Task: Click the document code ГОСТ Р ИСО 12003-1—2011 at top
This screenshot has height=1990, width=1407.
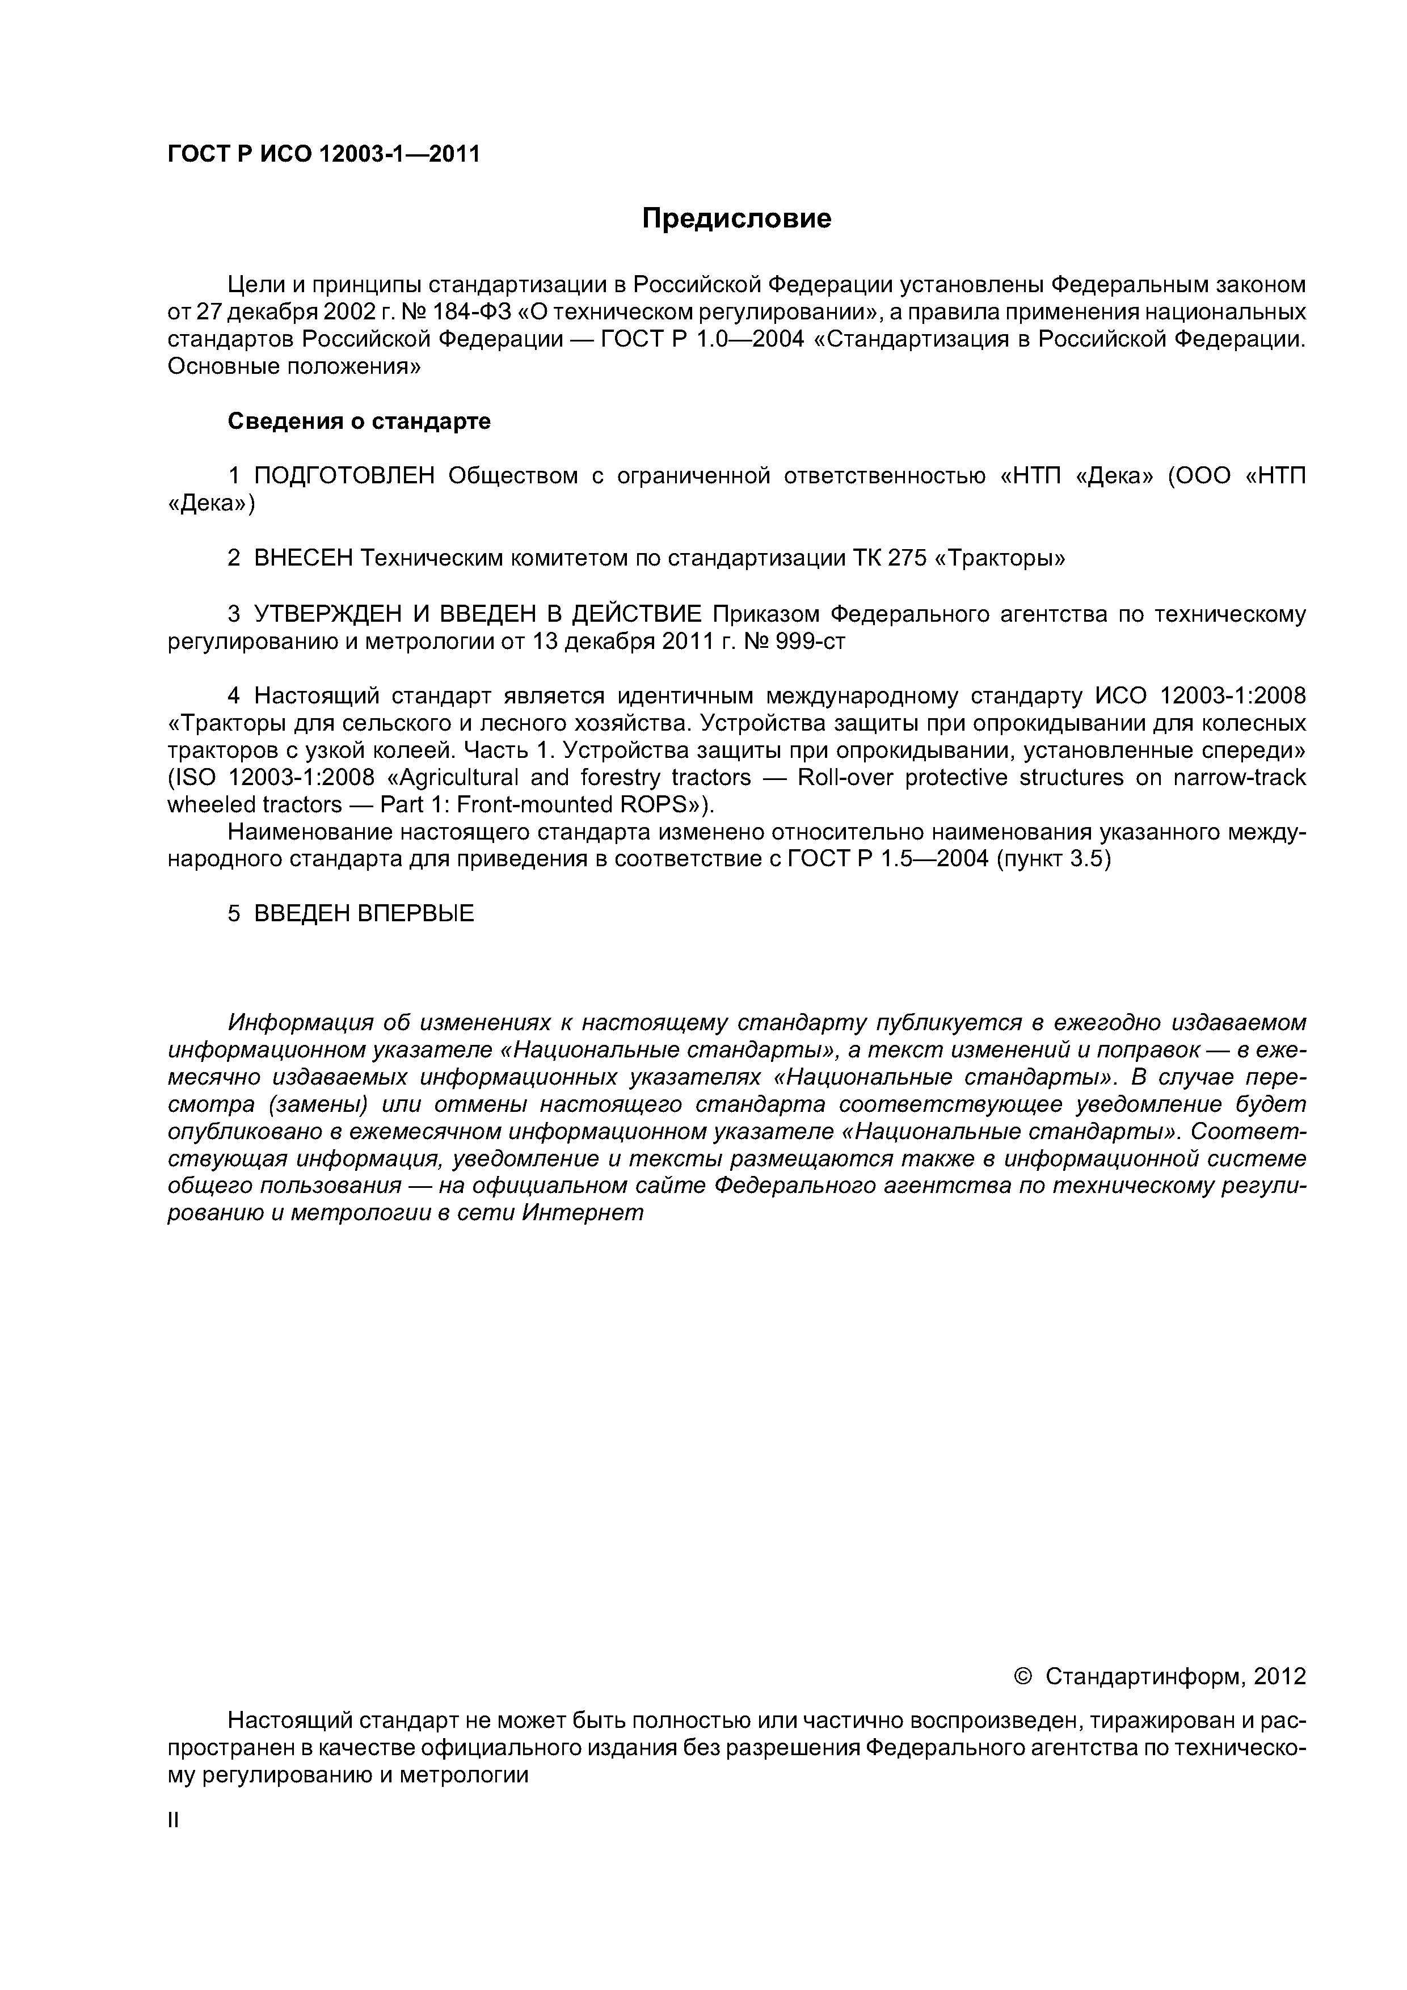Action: pyautogui.click(x=323, y=154)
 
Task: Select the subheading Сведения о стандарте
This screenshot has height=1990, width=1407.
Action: pyautogui.click(x=359, y=421)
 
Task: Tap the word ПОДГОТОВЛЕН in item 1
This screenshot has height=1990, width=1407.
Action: pyautogui.click(x=344, y=476)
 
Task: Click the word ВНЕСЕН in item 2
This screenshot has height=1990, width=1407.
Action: pyautogui.click(x=304, y=558)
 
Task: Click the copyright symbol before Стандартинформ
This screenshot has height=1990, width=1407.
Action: pyautogui.click(x=1022, y=1676)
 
